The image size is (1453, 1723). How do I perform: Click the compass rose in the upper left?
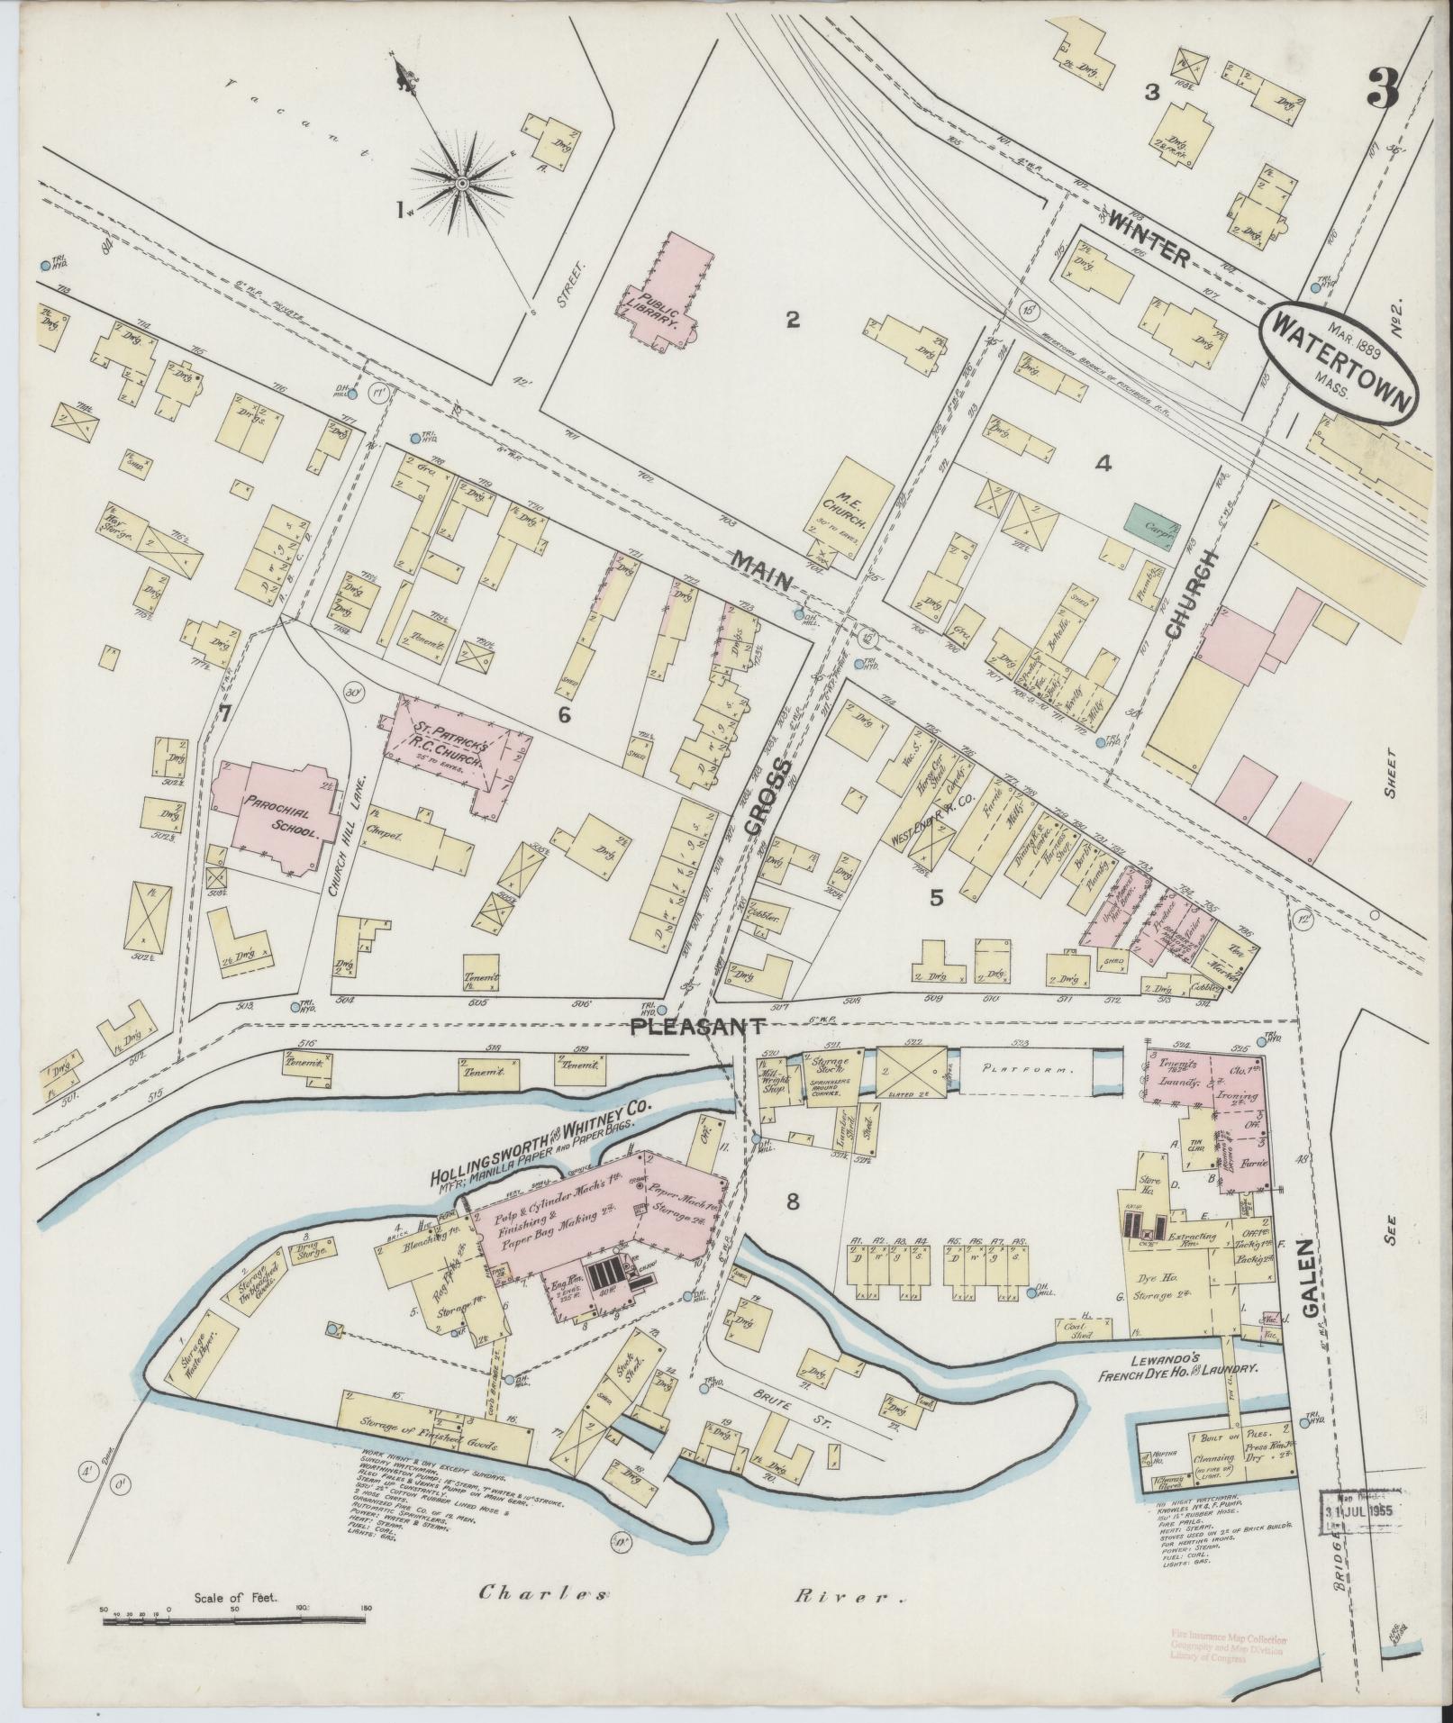point(459,184)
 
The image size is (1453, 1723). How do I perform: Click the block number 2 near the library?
point(793,319)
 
